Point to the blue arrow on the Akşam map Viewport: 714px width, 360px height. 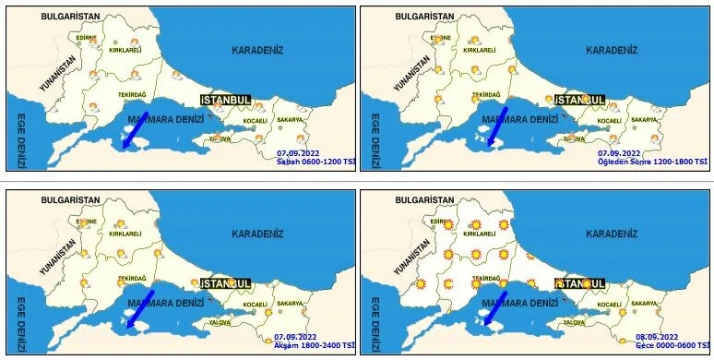pos(141,307)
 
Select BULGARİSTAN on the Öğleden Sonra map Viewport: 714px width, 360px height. pos(424,17)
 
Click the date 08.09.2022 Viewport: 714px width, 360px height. pos(657,336)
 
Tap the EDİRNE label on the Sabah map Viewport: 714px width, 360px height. pos(87,38)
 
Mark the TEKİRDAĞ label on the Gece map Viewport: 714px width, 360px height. pos(486,278)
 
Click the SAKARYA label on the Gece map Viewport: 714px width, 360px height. pos(644,303)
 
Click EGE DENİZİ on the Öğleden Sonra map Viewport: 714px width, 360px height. pos(375,140)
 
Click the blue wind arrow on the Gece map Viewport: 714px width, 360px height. pos(495,307)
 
